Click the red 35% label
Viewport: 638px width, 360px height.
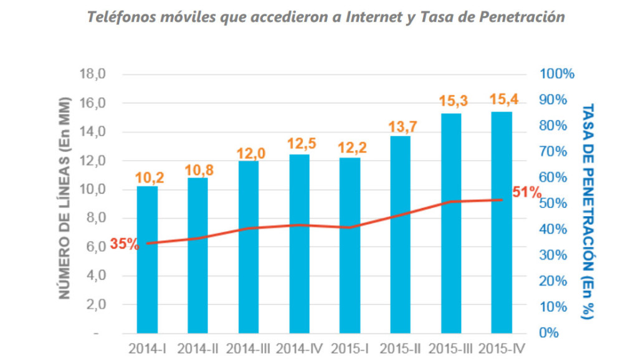pos(124,244)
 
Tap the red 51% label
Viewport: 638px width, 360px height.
pos(527,192)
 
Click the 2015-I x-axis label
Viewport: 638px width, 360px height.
pos(350,348)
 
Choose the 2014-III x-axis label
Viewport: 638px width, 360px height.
pos(248,348)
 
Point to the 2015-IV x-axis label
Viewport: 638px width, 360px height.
pos(503,348)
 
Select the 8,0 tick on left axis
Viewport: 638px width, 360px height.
pos(94,218)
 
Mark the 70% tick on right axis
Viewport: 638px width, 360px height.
pos(553,151)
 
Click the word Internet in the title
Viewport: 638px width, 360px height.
pos(367,17)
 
